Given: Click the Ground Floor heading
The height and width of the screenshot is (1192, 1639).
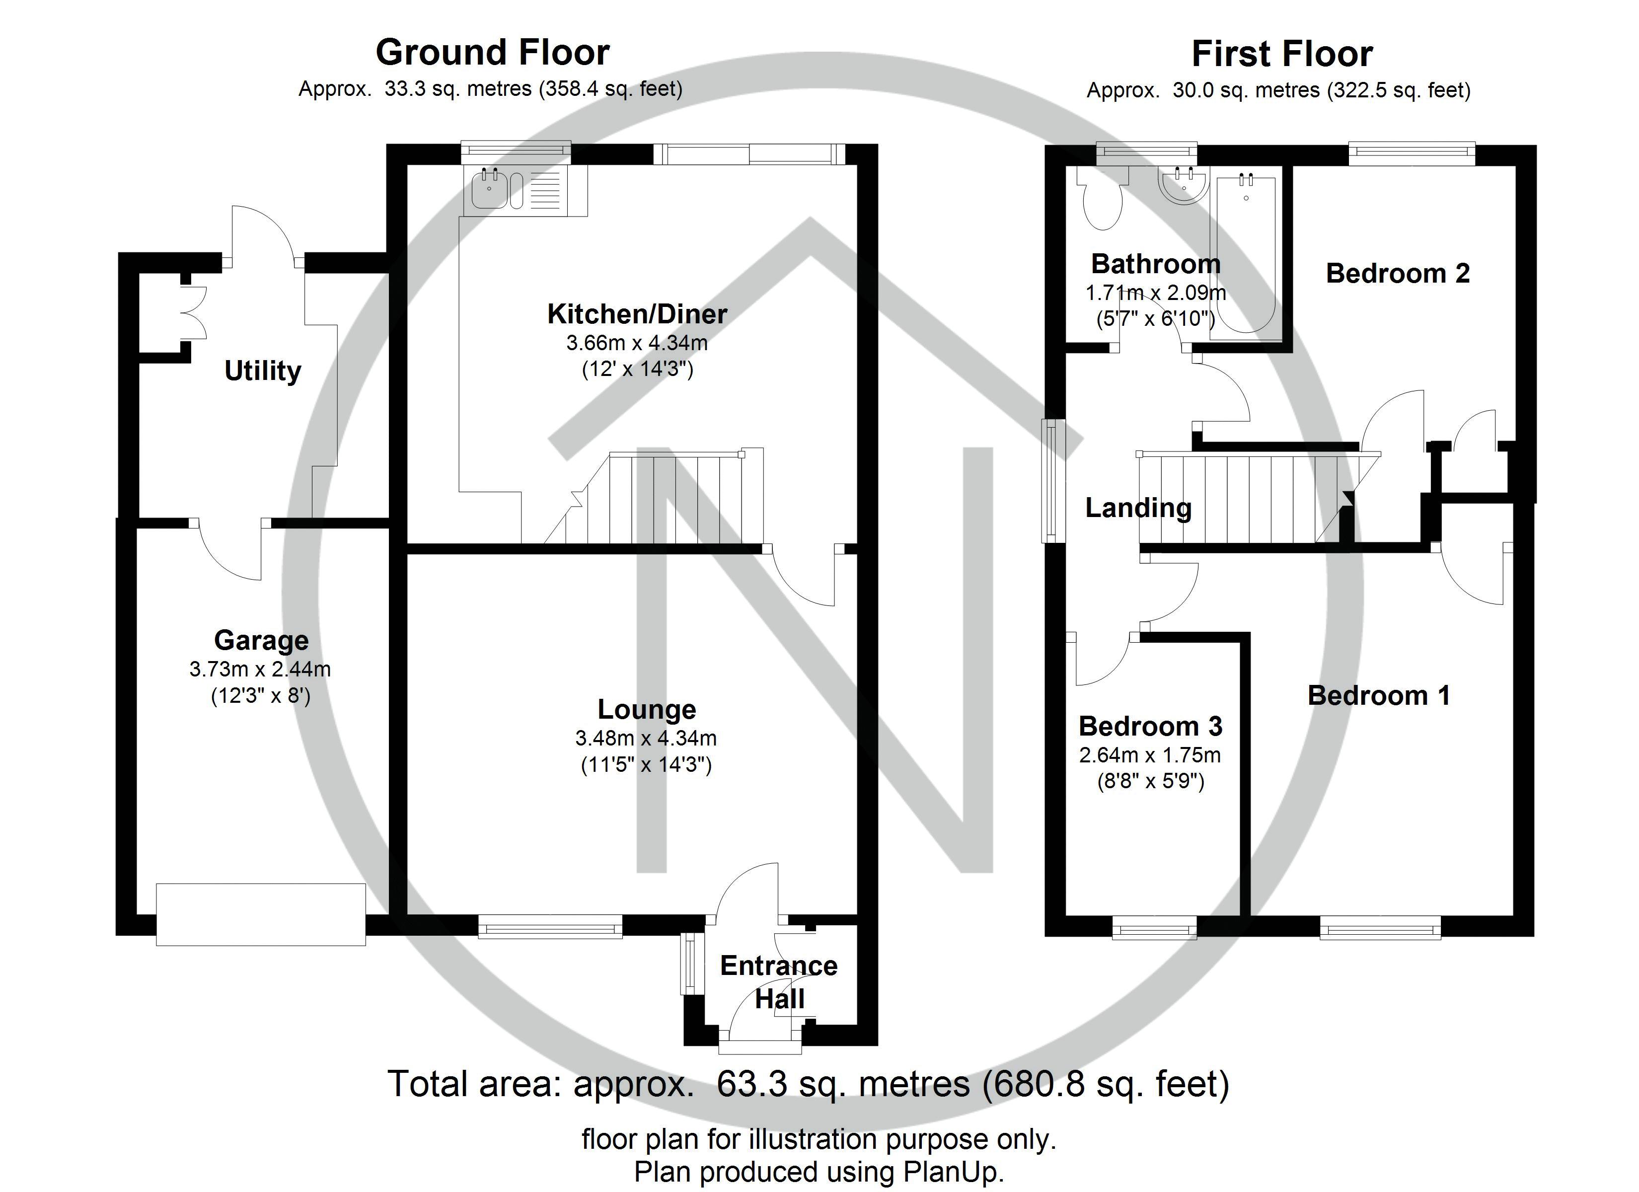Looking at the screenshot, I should [492, 53].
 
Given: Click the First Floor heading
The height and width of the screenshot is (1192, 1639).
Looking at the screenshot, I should [1281, 54].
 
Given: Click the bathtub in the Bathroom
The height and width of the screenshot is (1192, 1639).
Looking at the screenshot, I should [1246, 253].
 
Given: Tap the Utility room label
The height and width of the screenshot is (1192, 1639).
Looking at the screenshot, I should [262, 371].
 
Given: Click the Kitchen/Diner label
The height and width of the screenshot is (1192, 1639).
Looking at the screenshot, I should [637, 314].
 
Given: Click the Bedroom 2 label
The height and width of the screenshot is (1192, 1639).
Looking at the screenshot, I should [1397, 273].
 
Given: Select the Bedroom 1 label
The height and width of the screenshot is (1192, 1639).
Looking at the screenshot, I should [1378, 695].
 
